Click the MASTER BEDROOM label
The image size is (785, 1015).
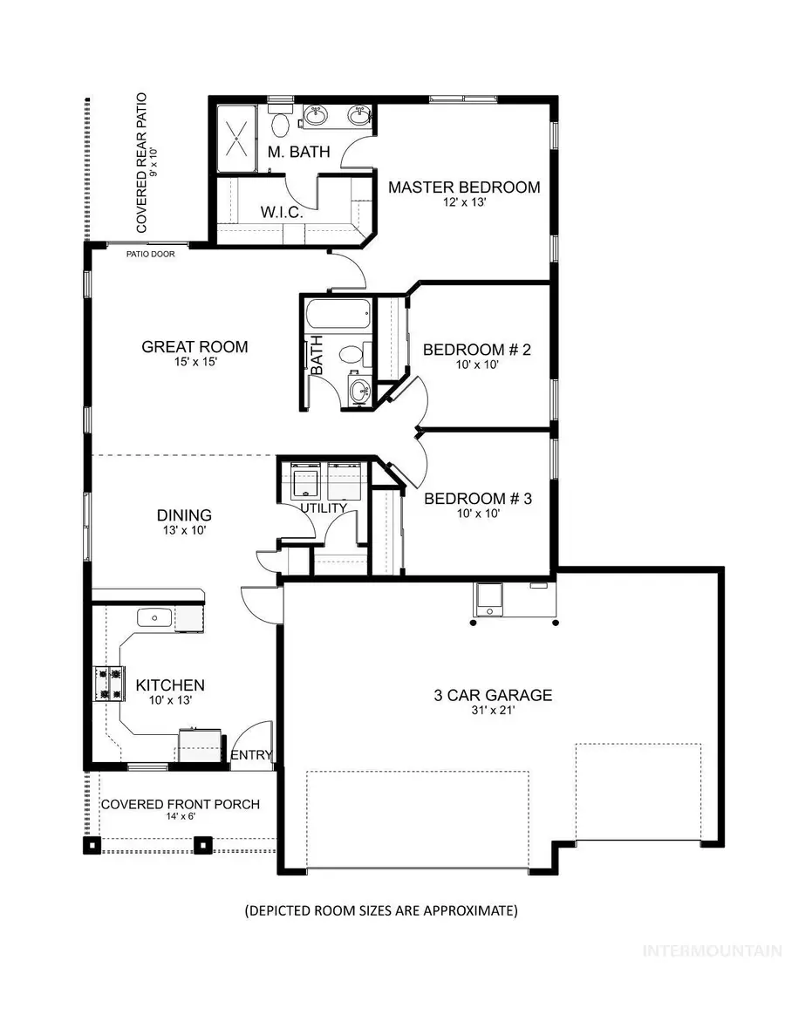pos(463,187)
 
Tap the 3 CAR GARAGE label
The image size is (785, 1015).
pos(494,695)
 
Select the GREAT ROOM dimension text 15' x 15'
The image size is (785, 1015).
pos(195,364)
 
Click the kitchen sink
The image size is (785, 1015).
pos(155,618)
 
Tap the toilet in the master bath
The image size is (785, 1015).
pos(280,126)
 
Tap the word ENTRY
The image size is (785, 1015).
pos(252,755)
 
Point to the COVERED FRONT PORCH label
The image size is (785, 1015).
pos(181,804)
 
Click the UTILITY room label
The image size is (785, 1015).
pos(324,507)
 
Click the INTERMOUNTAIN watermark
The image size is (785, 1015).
pos(712,951)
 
